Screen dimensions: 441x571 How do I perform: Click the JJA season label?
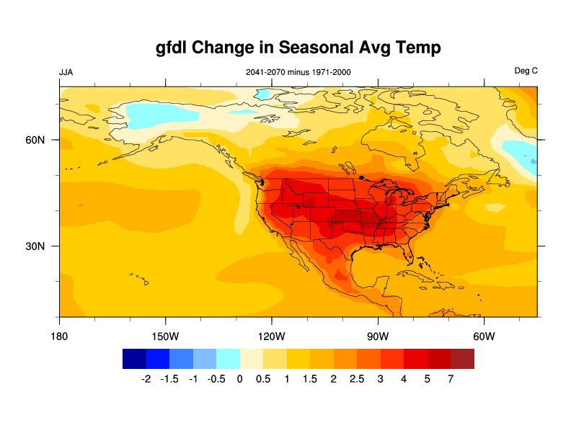click(66, 72)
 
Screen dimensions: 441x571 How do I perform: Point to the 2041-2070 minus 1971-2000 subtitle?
click(298, 72)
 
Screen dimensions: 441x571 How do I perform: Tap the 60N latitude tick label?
click(35, 140)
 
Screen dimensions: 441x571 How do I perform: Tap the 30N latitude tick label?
click(35, 246)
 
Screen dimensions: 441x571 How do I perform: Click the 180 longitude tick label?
click(59, 337)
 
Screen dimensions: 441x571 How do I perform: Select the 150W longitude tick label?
click(165, 337)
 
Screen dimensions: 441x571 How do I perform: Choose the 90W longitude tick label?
click(377, 337)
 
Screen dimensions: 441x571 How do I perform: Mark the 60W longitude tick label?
click(483, 337)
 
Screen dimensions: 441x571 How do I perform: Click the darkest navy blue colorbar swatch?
click(134, 359)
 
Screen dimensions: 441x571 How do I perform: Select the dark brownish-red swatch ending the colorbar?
click(462, 359)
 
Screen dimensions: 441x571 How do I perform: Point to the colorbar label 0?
click(239, 379)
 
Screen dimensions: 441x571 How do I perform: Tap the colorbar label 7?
click(451, 379)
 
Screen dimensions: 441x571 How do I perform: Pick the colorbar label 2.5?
click(356, 379)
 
